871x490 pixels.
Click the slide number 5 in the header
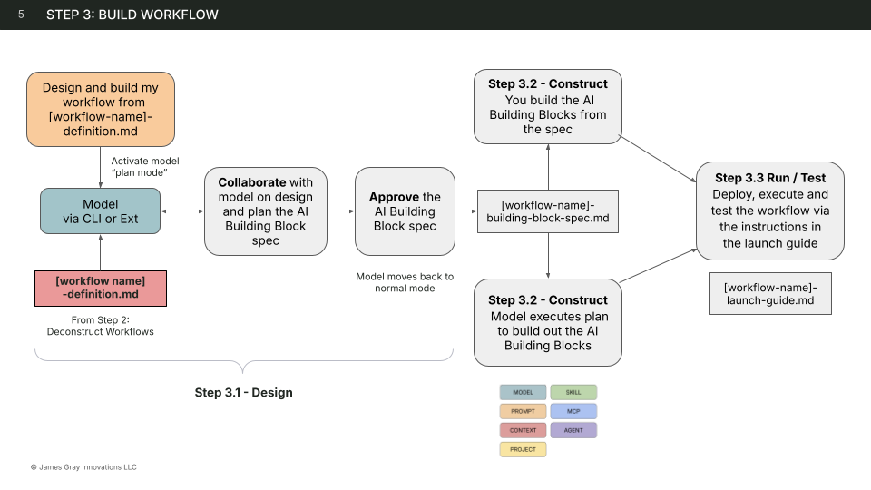point(21,15)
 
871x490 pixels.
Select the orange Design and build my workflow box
point(100,110)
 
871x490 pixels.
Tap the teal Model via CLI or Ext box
point(100,211)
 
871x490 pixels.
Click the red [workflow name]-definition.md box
point(100,287)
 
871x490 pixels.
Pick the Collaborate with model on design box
point(266,211)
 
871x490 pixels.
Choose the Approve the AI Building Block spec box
point(405,211)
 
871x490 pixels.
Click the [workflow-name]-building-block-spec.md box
point(547,211)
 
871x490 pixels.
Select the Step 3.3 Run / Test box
point(771,211)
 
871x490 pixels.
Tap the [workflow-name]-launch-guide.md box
point(770,295)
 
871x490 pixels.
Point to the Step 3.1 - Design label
point(243,393)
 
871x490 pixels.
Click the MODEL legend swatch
point(523,392)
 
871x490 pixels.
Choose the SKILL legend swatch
point(573,392)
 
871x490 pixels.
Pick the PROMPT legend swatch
point(523,411)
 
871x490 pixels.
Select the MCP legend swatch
point(573,411)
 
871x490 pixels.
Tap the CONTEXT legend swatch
point(523,430)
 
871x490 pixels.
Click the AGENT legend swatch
point(573,430)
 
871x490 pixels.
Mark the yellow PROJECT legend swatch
point(523,449)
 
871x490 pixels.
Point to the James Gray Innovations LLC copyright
point(83,467)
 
